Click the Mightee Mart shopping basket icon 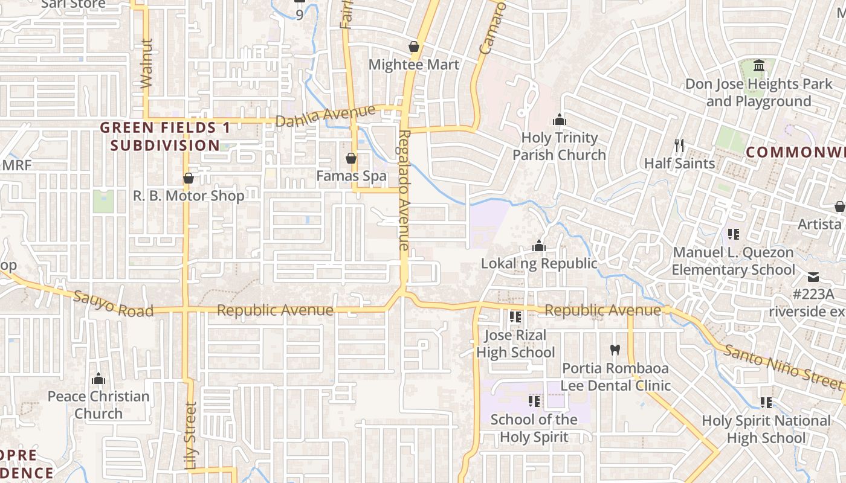coord(414,46)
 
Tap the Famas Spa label coord(351,176)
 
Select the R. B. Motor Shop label coord(189,196)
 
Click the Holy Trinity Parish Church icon coord(560,120)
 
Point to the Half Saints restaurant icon coord(679,146)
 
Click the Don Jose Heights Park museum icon coord(759,65)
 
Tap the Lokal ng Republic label coord(539,263)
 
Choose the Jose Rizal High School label coord(515,344)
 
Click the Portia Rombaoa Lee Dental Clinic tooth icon coord(615,350)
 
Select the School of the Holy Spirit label coord(534,428)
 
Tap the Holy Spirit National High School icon coord(766,402)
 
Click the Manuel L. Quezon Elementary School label coord(734,261)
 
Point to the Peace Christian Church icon coord(98,379)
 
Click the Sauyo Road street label coord(113,304)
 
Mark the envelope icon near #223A coord(813,277)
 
